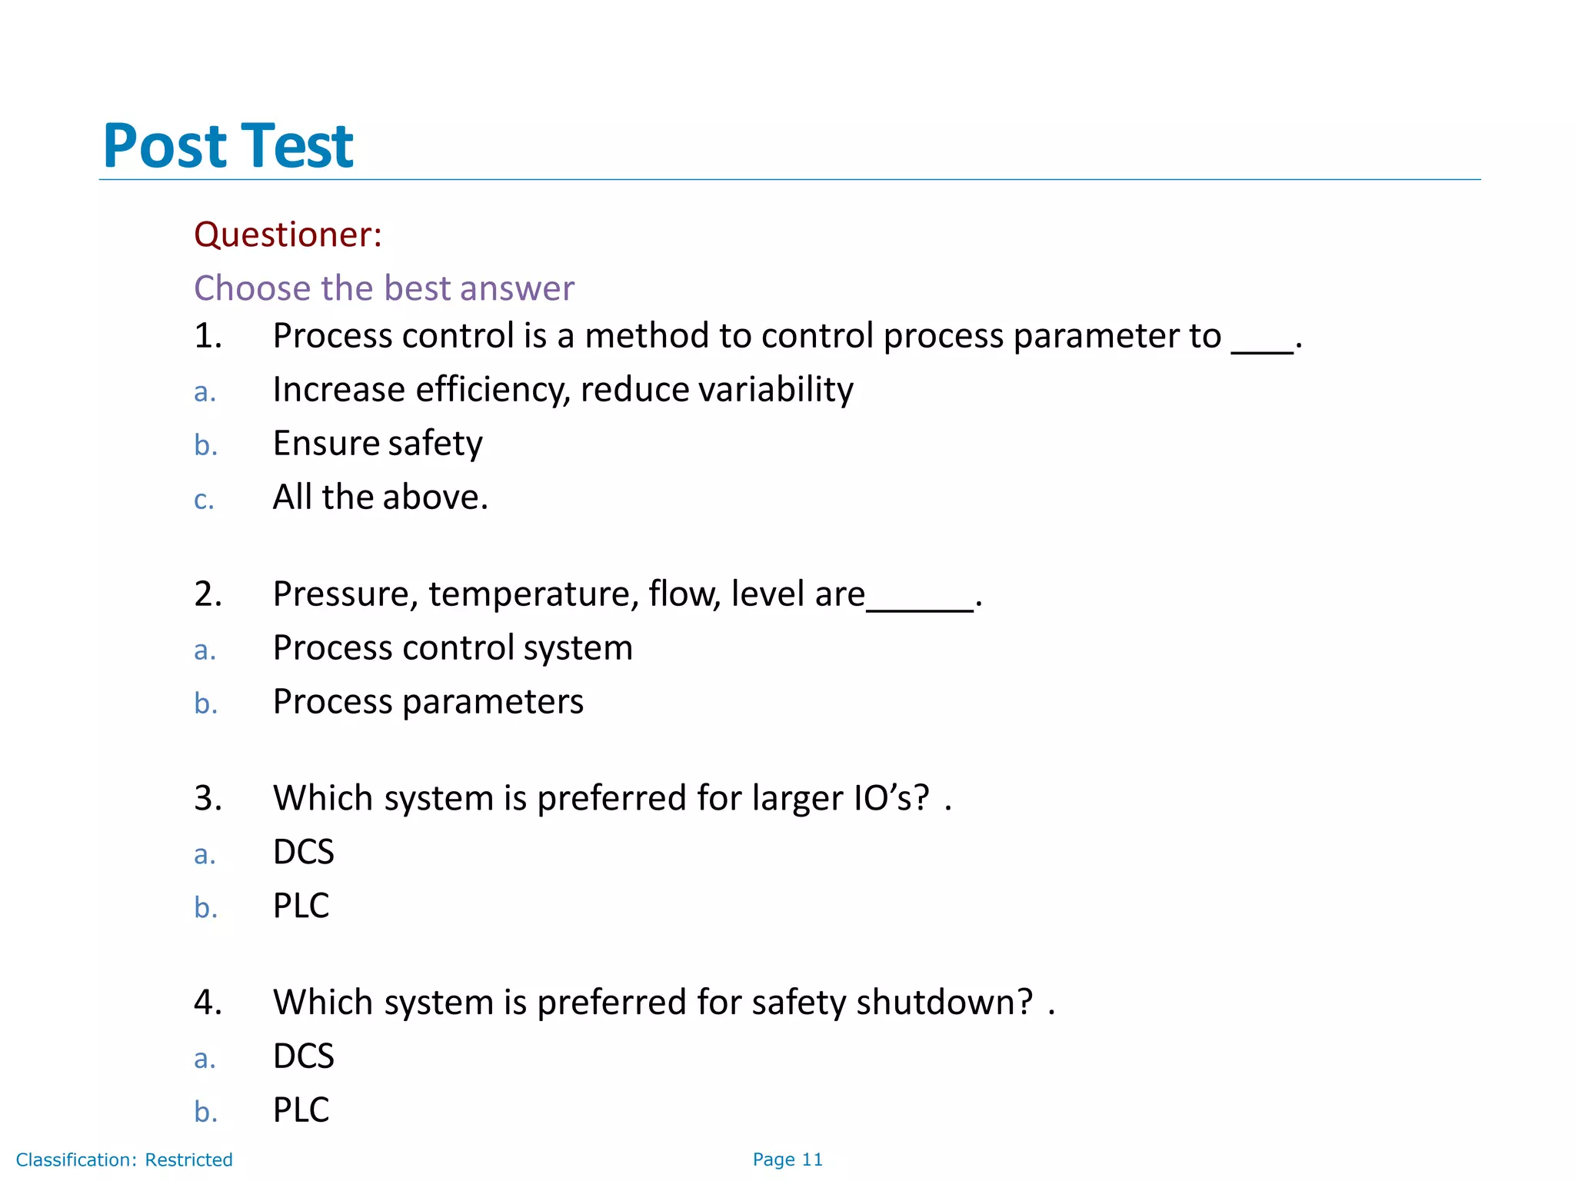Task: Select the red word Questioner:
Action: click(288, 235)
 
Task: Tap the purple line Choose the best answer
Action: click(384, 288)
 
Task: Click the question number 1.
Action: click(208, 336)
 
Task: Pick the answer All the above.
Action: click(380, 497)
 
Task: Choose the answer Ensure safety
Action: click(378, 444)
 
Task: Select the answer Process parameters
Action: click(428, 702)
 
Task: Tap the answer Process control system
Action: click(452, 648)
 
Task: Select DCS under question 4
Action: click(304, 1056)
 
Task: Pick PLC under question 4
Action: click(301, 1110)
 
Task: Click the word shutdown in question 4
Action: click(944, 1003)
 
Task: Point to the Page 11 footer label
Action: click(787, 1159)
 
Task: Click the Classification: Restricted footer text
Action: click(124, 1159)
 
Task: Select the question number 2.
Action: click(208, 594)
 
